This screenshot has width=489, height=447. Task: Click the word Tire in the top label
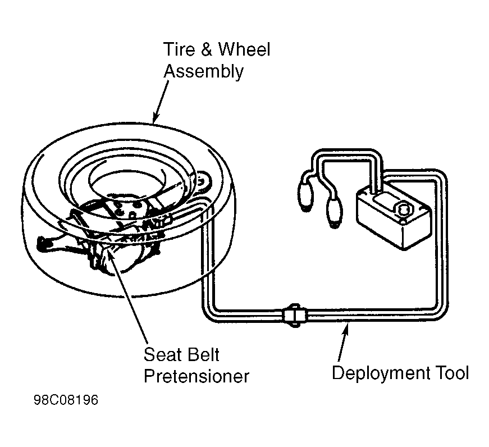click(179, 49)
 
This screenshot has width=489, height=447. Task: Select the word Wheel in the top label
click(244, 49)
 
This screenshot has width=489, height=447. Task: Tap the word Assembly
click(203, 72)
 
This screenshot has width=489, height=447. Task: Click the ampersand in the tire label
click(206, 49)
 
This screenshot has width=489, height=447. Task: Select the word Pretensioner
click(196, 376)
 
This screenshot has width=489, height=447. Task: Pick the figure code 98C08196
click(66, 400)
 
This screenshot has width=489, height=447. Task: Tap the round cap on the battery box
click(403, 209)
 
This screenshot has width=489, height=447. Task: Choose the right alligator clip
click(333, 213)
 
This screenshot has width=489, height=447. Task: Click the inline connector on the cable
click(295, 315)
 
